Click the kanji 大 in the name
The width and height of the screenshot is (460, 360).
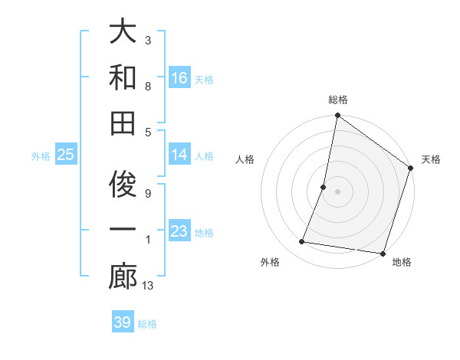click(x=123, y=33)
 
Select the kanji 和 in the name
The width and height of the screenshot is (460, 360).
click(x=123, y=77)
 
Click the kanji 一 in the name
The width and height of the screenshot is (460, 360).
click(x=123, y=231)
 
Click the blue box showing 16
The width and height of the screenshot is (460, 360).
click(x=179, y=77)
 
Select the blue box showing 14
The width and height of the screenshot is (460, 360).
click(x=179, y=155)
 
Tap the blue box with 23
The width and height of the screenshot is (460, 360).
click(x=179, y=231)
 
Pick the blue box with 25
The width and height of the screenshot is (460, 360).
click(x=65, y=155)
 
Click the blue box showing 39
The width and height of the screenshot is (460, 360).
click(x=123, y=322)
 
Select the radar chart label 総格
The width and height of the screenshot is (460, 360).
click(x=337, y=100)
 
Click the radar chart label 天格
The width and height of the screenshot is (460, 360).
click(x=431, y=159)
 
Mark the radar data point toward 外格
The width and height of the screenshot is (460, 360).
click(x=302, y=242)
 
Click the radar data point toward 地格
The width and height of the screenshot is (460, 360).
click(x=382, y=253)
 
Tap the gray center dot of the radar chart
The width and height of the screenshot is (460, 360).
click(x=337, y=191)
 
